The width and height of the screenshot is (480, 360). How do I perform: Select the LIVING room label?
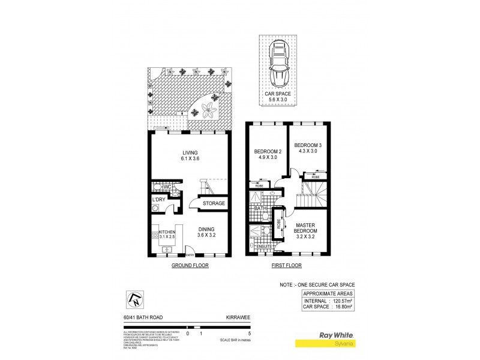click(190, 155)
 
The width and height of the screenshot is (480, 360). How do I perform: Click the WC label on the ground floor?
click(168, 187)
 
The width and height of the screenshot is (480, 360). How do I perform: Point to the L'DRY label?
click(159, 199)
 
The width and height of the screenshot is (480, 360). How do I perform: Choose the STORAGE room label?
click(214, 203)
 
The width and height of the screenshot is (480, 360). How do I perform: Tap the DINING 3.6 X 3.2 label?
click(207, 232)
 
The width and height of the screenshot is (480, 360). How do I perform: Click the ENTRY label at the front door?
click(189, 255)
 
